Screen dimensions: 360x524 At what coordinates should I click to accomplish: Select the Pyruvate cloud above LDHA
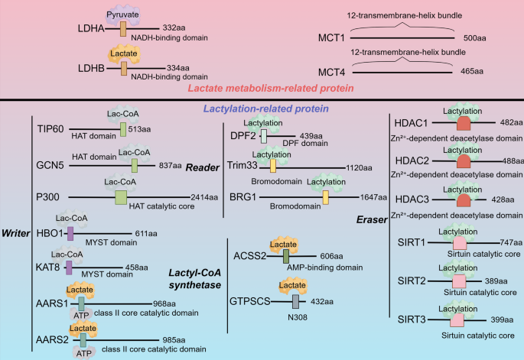(124, 14)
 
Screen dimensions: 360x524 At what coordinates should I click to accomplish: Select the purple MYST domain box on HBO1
(70, 234)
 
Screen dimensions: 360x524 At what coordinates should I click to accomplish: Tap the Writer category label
(16, 233)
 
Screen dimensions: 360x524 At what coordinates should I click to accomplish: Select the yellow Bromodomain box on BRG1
(325, 197)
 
